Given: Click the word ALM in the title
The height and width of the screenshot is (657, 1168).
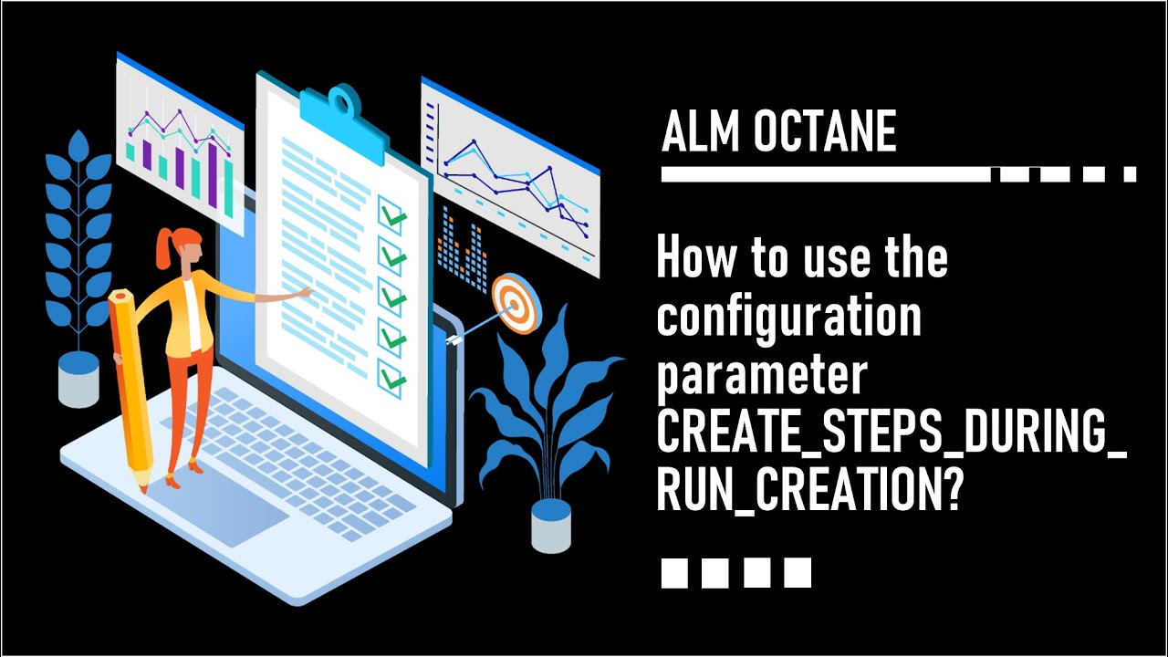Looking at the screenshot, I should tap(698, 134).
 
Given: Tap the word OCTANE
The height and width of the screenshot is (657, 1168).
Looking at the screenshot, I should tap(825, 134).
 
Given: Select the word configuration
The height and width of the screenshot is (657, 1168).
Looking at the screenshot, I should tap(788, 318).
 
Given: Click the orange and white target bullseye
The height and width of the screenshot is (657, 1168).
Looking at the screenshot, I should tap(513, 302).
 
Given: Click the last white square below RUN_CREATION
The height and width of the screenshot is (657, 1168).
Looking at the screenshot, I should tap(798, 572).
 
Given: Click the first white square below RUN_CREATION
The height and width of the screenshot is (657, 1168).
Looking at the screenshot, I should tap(673, 572).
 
